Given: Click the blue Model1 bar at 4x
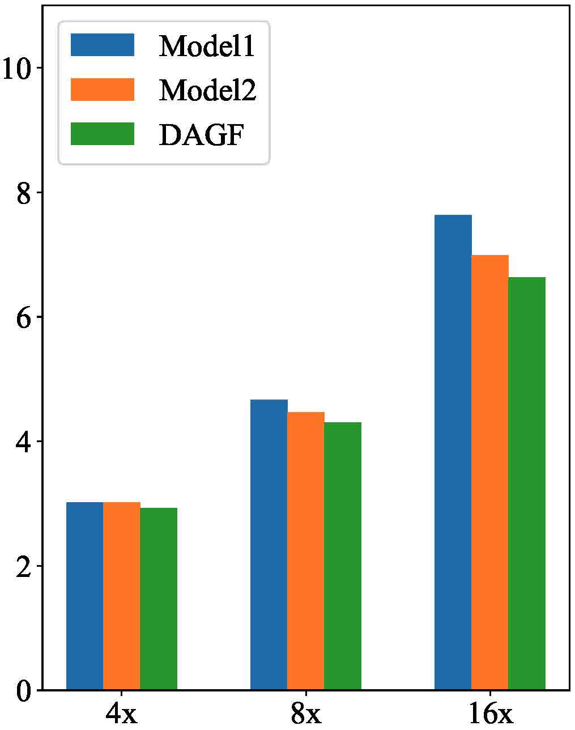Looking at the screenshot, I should point(85,596).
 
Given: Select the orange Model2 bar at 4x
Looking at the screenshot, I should point(122,596).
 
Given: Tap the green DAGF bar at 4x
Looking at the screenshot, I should point(159,599).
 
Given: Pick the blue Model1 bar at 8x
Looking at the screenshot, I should point(269,545).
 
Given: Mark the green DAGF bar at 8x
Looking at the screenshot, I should point(343,556).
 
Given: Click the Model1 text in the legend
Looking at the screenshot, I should point(207,46).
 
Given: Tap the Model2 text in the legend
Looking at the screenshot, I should point(207,90).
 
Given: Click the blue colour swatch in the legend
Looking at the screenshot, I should point(103,45).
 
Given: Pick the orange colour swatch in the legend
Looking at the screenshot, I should point(103,90).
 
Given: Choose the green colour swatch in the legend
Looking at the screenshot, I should point(103,134).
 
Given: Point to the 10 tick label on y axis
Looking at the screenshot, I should point(16,69).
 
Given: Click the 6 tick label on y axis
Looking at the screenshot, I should point(23,317).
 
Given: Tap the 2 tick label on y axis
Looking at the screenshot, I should point(23,567).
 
